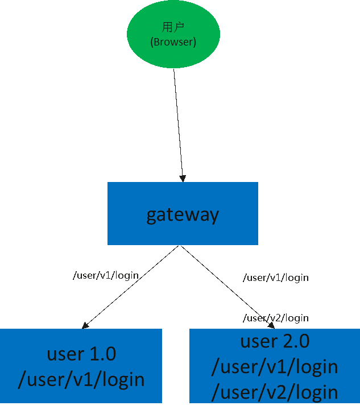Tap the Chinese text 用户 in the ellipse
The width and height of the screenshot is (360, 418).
(173, 27)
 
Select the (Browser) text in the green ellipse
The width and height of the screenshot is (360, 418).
(173, 42)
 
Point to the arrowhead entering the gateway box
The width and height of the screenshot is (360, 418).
(183, 178)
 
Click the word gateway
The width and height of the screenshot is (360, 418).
(183, 214)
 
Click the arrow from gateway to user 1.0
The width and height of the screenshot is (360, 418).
(131, 287)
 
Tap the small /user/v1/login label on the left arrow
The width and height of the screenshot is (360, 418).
(106, 275)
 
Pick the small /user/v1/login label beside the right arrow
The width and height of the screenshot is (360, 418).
(276, 278)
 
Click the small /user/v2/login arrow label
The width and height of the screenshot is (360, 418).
(276, 318)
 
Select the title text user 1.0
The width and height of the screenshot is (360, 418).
(81, 354)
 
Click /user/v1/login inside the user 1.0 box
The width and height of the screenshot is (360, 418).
(81, 379)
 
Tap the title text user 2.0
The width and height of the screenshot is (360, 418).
(275, 341)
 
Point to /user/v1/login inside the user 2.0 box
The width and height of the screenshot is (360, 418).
(275, 367)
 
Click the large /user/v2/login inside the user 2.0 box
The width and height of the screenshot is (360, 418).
(275, 392)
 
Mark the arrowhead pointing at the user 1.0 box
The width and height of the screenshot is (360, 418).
(85, 325)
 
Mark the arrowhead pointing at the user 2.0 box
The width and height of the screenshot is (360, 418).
(271, 325)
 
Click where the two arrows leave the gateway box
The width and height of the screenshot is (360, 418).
(180, 246)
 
